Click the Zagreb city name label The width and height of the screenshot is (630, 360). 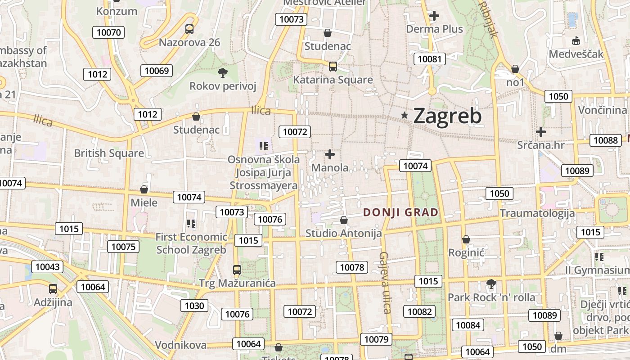click(x=447, y=116)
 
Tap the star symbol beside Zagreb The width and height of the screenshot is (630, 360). click(x=405, y=116)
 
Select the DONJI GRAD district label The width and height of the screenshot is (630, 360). click(x=400, y=212)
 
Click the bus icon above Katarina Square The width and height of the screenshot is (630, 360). click(x=333, y=67)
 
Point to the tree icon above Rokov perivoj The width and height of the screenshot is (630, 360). click(x=222, y=72)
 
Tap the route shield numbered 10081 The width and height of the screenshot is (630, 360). click(x=430, y=59)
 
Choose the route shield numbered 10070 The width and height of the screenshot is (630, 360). click(x=108, y=32)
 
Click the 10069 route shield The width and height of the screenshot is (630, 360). click(x=157, y=71)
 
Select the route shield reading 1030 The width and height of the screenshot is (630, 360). click(x=194, y=306)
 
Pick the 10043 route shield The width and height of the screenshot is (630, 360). click(x=47, y=267)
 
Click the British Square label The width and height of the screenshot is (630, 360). click(x=109, y=153)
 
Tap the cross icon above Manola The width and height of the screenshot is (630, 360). click(x=330, y=154)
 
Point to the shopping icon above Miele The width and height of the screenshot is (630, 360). click(x=144, y=189)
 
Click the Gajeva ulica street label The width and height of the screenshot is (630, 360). click(x=384, y=282)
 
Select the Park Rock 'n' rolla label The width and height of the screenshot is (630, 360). click(x=491, y=297)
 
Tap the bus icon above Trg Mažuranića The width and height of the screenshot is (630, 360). click(x=237, y=270)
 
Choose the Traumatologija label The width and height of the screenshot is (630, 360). click(x=537, y=213)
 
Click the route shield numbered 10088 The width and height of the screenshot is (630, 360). click(x=605, y=140)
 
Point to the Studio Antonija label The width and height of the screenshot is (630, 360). click(x=343, y=234)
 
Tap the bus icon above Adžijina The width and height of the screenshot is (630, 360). click(x=53, y=289)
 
